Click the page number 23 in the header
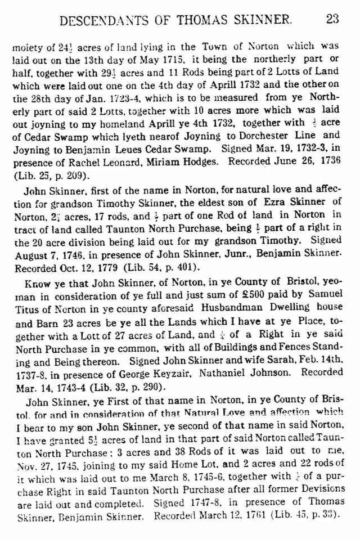pos(332,19)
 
